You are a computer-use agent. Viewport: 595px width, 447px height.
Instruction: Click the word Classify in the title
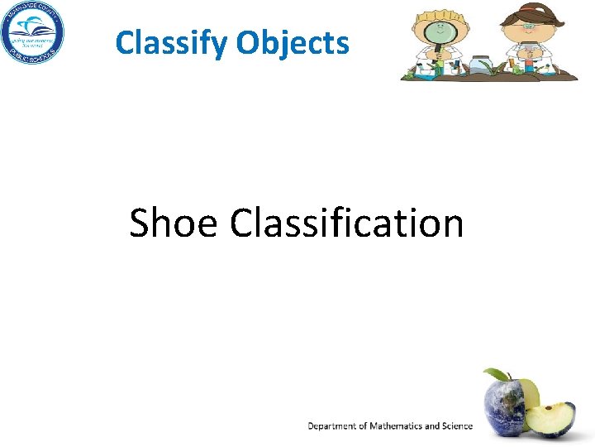171,42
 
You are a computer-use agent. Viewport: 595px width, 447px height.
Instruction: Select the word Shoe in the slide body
174,223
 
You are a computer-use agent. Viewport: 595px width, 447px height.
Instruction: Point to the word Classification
347,223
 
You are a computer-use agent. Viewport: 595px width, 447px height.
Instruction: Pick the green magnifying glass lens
439,33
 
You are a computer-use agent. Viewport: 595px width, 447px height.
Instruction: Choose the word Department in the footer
334,425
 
